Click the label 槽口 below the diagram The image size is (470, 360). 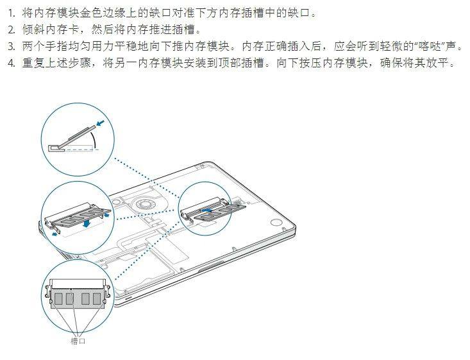(x=78, y=341)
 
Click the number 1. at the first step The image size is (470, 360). (x=11, y=13)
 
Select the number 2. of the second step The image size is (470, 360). (x=11, y=30)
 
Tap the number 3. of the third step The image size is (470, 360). (x=11, y=47)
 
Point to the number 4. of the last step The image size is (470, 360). (x=11, y=64)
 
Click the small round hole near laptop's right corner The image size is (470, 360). (x=278, y=223)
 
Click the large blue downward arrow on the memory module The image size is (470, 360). (x=86, y=220)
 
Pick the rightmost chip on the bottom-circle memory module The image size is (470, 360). (x=98, y=299)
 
